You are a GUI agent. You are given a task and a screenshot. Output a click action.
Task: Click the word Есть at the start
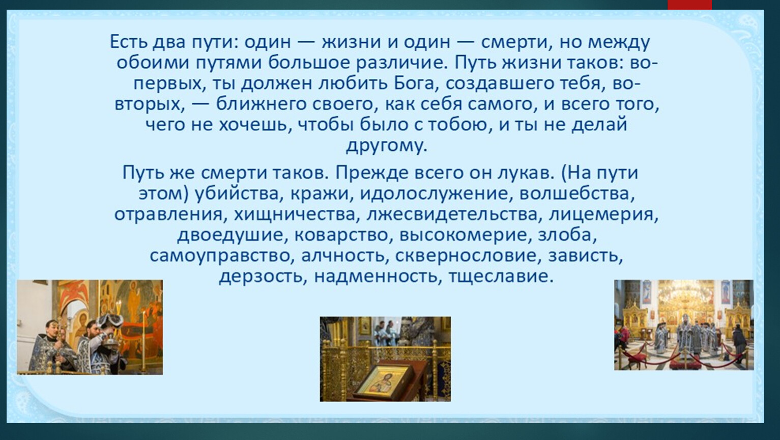[x=128, y=42]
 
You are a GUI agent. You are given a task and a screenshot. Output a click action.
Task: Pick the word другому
[x=387, y=146]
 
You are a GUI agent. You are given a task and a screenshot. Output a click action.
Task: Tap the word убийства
[x=238, y=194]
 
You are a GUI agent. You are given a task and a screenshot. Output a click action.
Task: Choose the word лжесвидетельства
[x=452, y=214]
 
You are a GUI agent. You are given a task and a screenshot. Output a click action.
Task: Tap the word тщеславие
[x=501, y=277]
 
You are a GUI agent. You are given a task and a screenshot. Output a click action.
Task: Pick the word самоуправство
[x=220, y=256]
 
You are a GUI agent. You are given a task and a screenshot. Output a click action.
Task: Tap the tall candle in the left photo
[x=143, y=340]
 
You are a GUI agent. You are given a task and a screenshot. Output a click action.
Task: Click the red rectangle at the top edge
[x=689, y=5]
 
